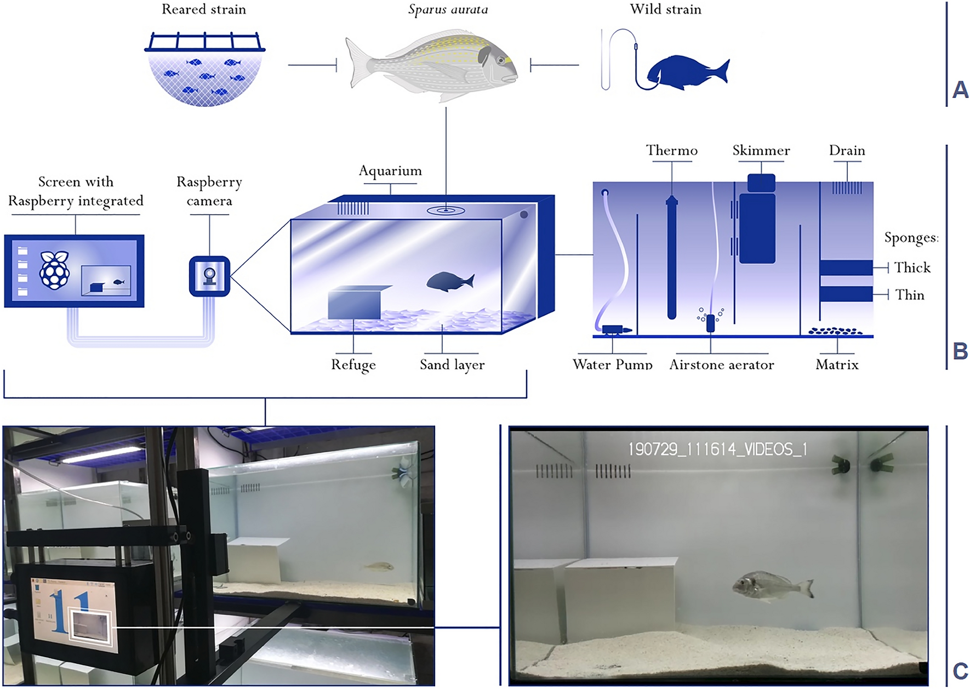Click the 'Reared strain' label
(x=204, y=9)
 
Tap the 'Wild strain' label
(x=665, y=9)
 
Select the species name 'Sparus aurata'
(x=448, y=9)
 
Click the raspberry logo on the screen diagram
(x=55, y=270)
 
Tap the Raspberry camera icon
(x=209, y=276)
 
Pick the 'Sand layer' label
(x=452, y=365)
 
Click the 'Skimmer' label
(x=761, y=150)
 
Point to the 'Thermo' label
(x=671, y=150)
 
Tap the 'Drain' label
(x=847, y=150)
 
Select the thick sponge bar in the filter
(x=846, y=267)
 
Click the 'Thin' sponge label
(x=910, y=295)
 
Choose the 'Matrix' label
(x=837, y=365)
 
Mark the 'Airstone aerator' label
(x=721, y=365)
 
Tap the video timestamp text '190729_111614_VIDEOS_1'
(x=717, y=449)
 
